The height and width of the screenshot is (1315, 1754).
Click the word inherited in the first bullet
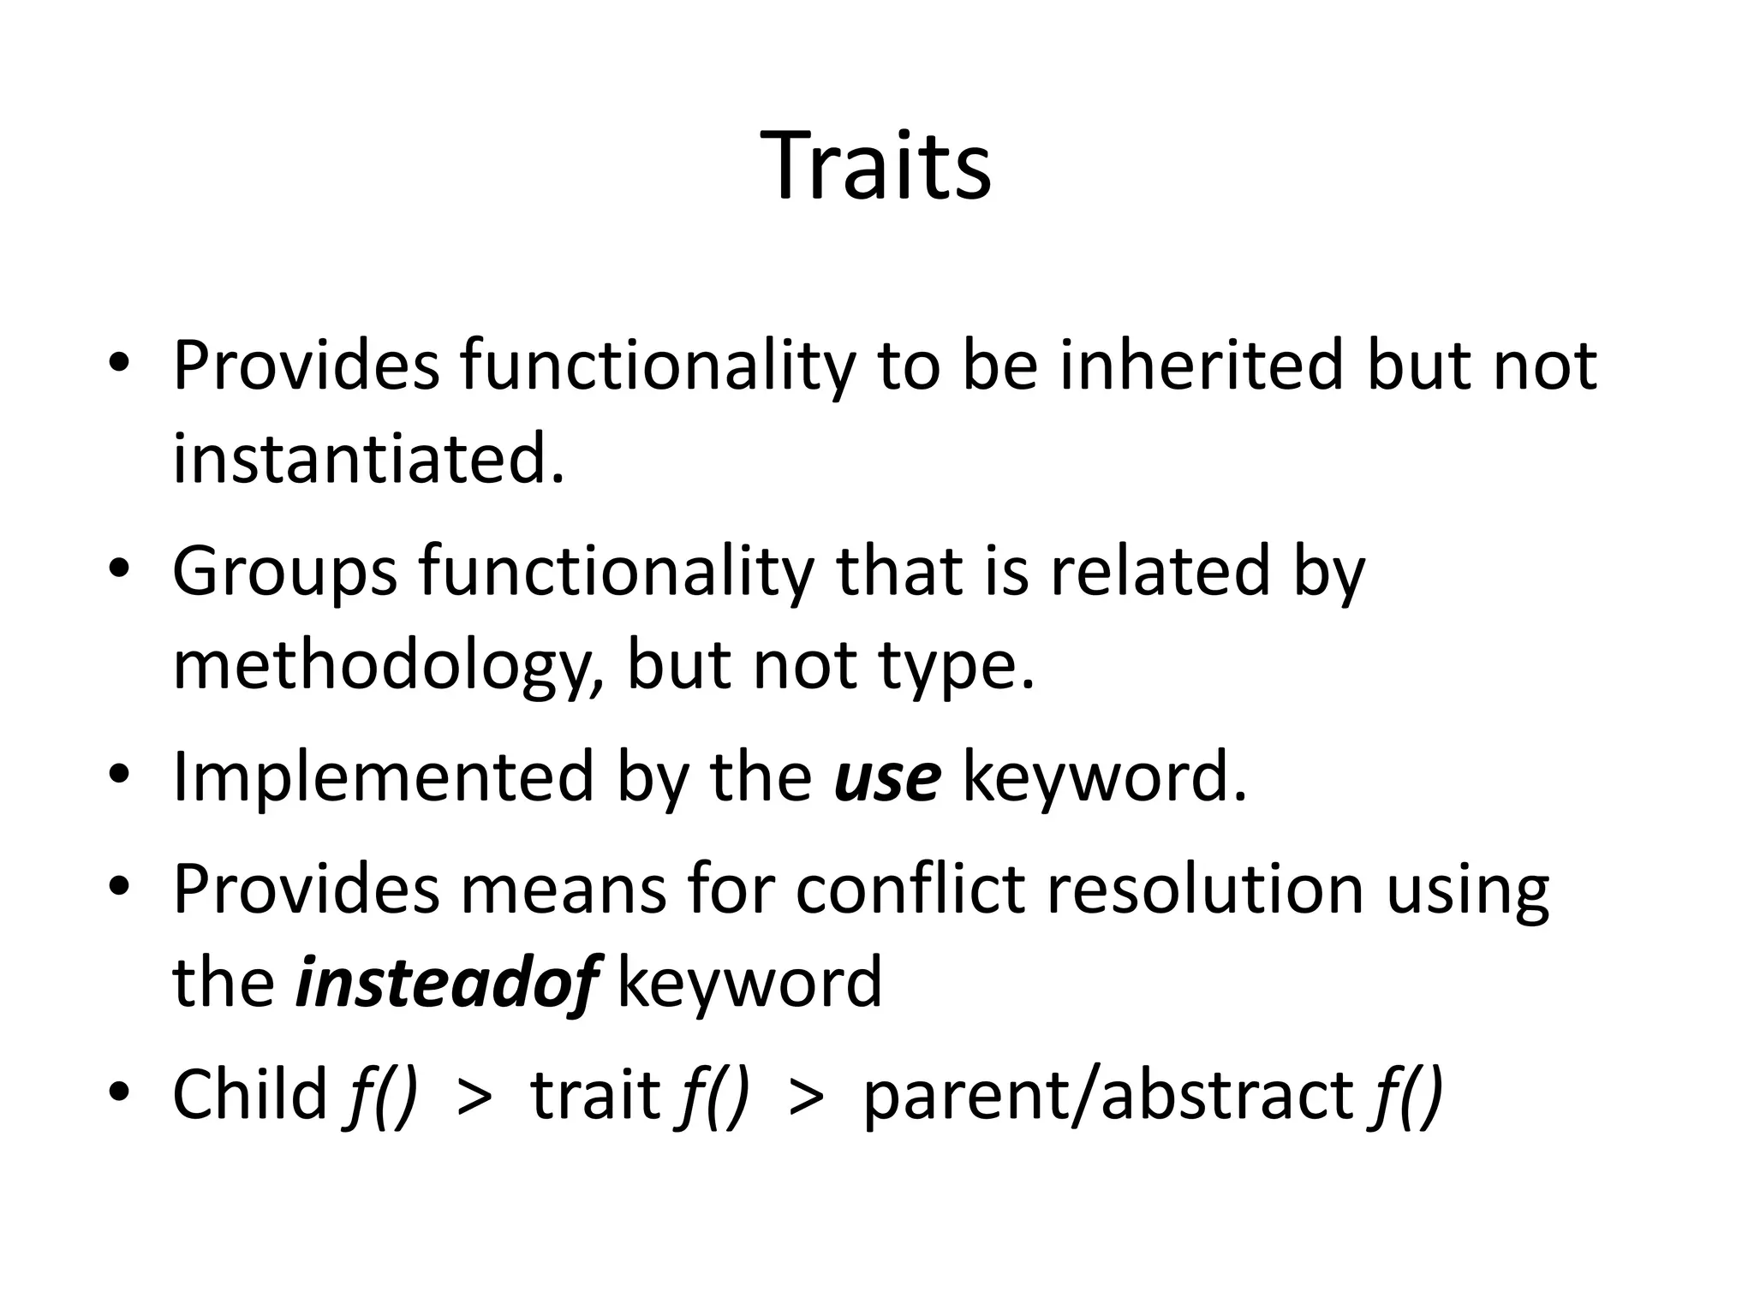[1201, 366]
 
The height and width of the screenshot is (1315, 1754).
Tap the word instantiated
[368, 459]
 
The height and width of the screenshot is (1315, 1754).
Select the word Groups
[284, 572]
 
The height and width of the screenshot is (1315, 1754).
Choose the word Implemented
[384, 776]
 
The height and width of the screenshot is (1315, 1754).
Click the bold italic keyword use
[887, 777]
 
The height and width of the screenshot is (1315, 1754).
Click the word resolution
[1204, 889]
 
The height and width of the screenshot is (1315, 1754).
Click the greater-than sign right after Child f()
[475, 1096]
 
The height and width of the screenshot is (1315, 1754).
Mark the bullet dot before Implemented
[119, 775]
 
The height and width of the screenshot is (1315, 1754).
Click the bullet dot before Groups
[119, 569]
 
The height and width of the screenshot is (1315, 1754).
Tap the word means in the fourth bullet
[563, 889]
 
